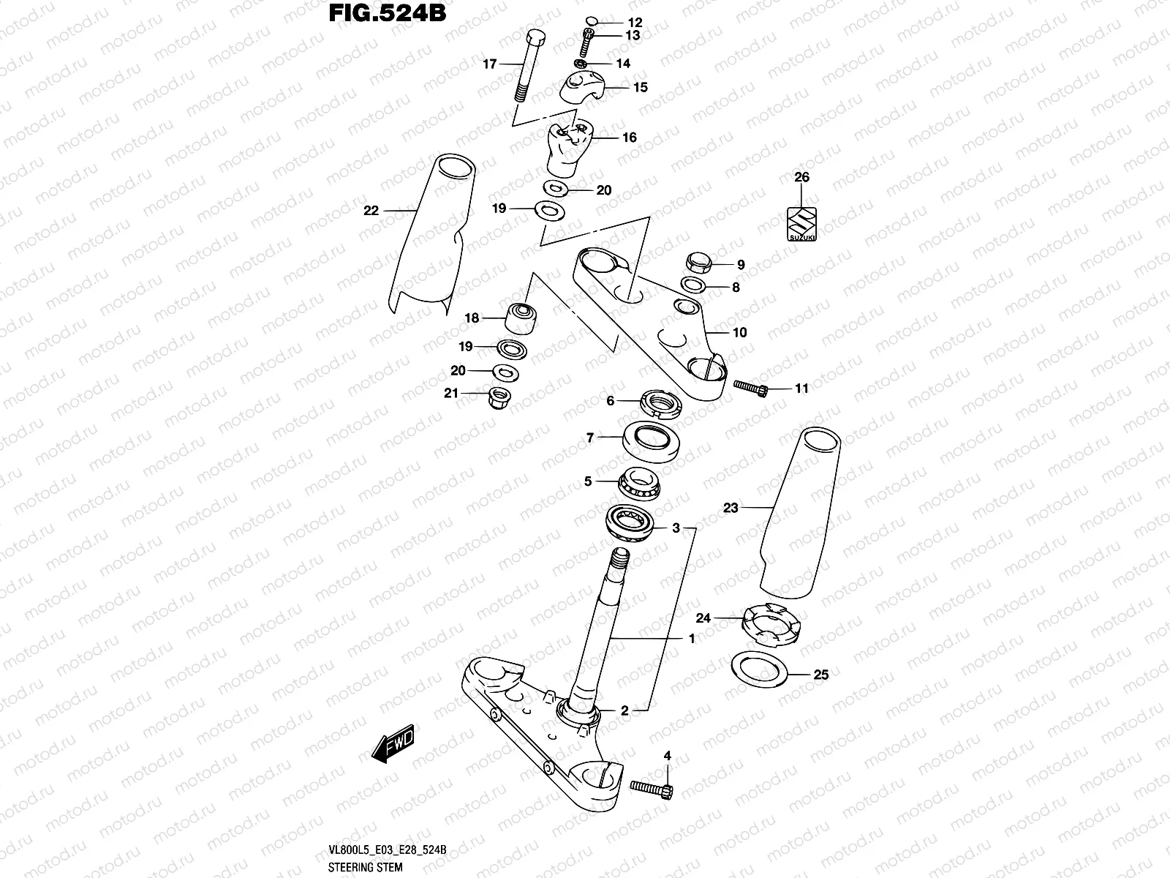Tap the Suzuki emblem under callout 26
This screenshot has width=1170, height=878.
(x=801, y=222)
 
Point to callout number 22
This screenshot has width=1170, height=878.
(x=371, y=211)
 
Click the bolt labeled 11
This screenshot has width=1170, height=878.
(x=751, y=388)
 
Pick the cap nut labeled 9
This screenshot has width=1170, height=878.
(x=697, y=262)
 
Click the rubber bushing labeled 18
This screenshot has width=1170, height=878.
(x=520, y=317)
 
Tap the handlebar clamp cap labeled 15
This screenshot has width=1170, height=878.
(x=583, y=90)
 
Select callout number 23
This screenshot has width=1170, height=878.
(x=731, y=508)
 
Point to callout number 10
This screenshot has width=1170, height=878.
(x=739, y=333)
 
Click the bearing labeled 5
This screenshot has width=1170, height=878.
(x=638, y=484)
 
